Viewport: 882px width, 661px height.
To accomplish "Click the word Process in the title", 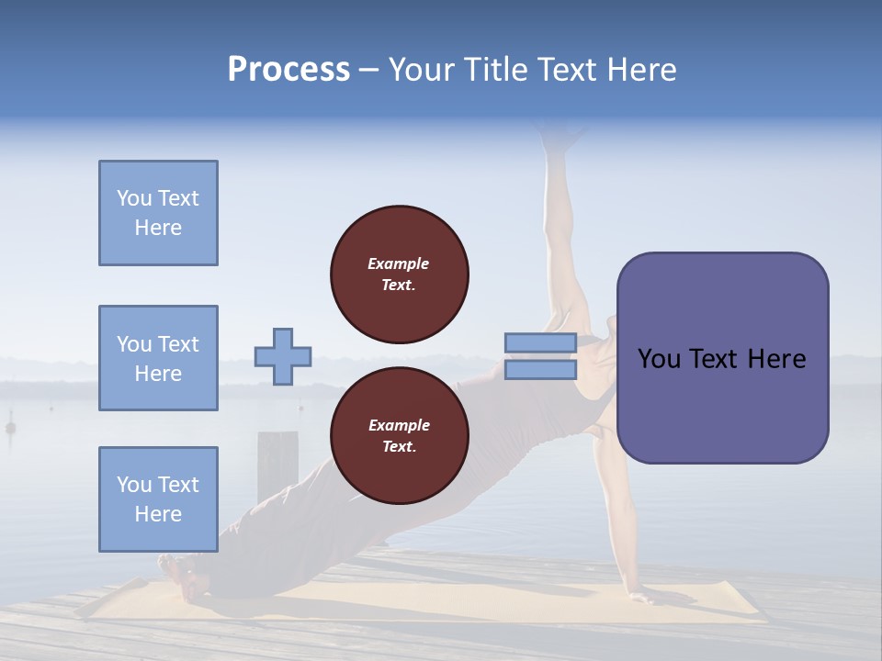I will click(x=288, y=70).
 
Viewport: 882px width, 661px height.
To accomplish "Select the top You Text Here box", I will click(x=158, y=213).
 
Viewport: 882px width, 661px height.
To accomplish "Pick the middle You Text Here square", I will click(x=158, y=358).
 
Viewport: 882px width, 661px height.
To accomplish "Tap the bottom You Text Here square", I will click(x=158, y=499).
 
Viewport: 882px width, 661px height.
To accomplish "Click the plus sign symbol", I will click(x=282, y=356).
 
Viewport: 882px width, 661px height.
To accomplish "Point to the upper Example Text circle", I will click(x=399, y=274).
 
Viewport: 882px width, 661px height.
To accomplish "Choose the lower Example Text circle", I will click(x=399, y=435).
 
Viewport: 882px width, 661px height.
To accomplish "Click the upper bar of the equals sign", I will click(x=540, y=342).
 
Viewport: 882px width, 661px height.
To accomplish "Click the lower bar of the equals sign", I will click(x=540, y=370).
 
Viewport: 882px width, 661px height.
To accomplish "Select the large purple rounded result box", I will click(x=722, y=358).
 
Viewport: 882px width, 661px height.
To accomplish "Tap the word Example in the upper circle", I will click(x=399, y=263).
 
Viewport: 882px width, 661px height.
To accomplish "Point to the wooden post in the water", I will click(x=277, y=454).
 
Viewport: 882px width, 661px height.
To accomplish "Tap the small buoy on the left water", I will click(x=10, y=427).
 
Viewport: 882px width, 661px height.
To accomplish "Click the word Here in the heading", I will click(x=642, y=70).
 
